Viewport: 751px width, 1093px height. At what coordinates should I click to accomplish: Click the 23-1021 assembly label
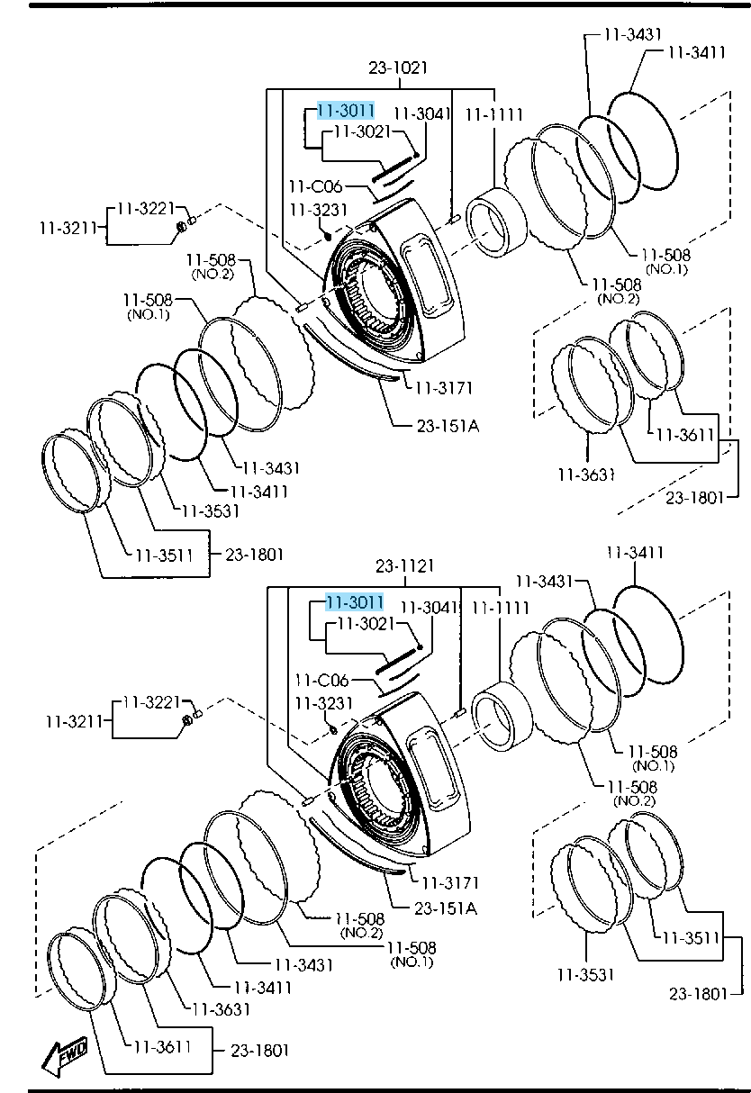pos(397,68)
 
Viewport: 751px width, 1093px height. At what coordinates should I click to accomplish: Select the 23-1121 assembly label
pos(404,565)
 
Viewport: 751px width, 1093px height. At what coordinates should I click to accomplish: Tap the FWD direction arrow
pos(66,1054)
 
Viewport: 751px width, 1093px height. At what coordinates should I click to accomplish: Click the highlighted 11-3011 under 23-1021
pos(345,111)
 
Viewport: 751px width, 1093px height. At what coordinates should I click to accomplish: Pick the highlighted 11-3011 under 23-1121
pos(355,602)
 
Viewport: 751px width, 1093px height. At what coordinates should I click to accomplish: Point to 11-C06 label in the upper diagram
pos(315,187)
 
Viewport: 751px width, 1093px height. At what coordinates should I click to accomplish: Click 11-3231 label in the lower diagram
pos(321,703)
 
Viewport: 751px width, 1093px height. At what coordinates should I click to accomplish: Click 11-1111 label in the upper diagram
pos(493,114)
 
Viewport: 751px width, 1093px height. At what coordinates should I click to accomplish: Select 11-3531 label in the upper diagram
pos(210,510)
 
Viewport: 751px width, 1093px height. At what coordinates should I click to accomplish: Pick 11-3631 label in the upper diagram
pos(585,474)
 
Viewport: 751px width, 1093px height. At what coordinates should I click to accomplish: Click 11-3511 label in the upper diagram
pos(165,555)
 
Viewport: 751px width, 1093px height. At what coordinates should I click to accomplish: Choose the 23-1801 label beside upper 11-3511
pos(255,556)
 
